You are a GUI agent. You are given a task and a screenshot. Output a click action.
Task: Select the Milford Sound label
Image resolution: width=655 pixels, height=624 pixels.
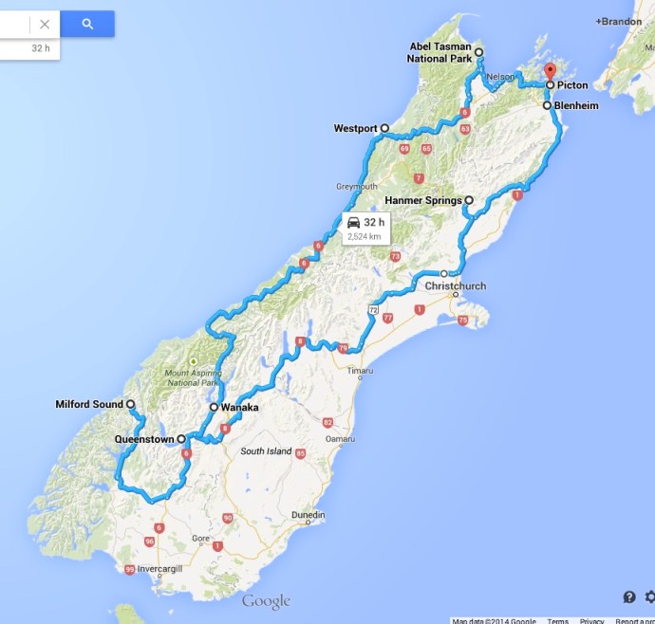click(x=89, y=405)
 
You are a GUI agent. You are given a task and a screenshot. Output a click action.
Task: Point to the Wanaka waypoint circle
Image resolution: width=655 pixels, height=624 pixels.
click(x=215, y=408)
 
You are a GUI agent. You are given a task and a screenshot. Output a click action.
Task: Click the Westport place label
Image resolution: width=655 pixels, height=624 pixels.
click(x=355, y=128)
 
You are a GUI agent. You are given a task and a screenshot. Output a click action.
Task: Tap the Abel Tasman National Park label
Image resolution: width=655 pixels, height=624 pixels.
click(x=440, y=52)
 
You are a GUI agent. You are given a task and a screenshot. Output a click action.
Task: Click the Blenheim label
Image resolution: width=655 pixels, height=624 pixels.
click(x=577, y=106)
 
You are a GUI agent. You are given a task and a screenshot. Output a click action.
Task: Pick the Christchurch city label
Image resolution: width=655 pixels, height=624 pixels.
click(x=457, y=284)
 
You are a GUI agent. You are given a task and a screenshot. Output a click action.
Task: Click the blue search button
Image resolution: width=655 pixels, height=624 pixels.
click(x=87, y=24)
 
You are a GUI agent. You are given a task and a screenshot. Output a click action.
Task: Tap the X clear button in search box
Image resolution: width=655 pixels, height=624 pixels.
click(x=45, y=24)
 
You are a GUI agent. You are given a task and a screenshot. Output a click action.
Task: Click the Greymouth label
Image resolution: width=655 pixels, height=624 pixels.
click(x=357, y=187)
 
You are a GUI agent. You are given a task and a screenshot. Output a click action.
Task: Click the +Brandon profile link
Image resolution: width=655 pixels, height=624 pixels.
click(x=618, y=21)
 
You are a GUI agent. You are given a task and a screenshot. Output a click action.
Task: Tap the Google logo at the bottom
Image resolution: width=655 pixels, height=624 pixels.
click(x=266, y=601)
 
